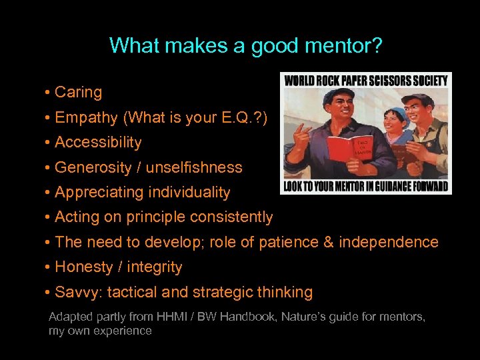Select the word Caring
point(78,93)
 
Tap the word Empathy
point(85,117)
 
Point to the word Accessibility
point(98,143)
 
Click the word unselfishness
point(194,167)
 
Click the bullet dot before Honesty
point(49,267)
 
